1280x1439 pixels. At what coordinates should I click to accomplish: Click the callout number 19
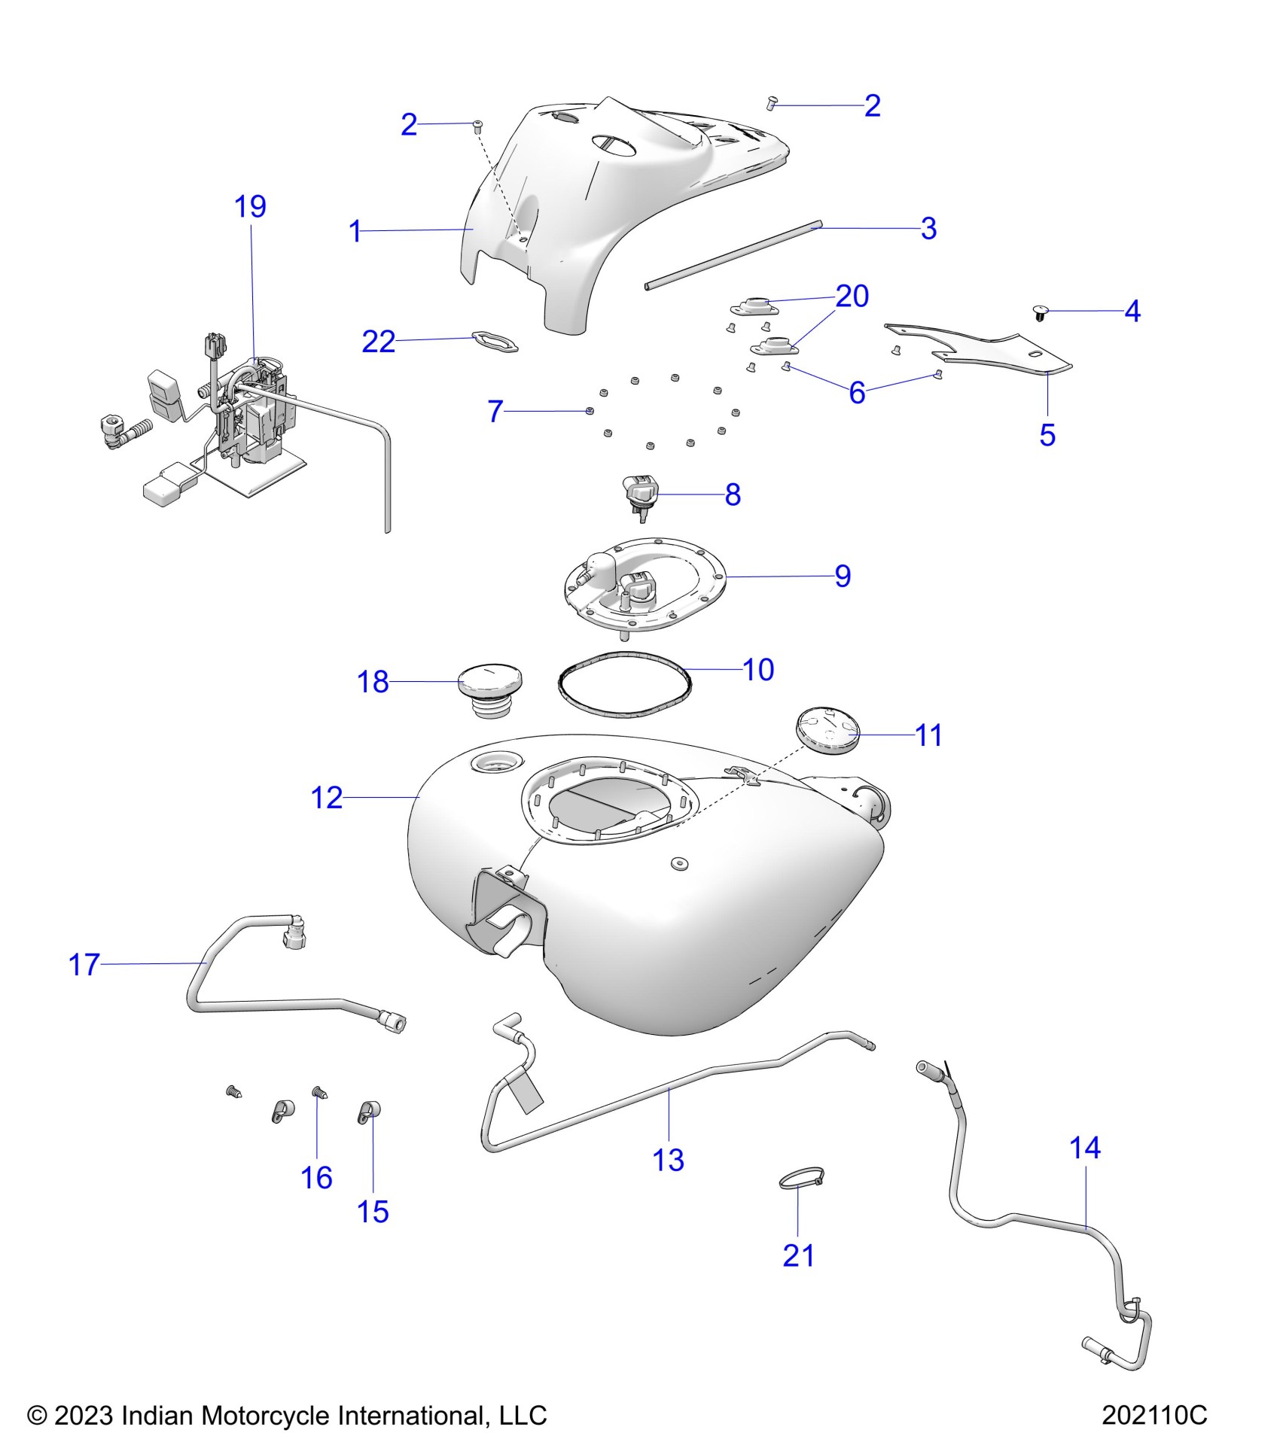250,206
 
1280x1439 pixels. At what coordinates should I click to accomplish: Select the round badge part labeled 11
827,729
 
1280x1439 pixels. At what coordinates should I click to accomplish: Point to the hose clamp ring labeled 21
803,1182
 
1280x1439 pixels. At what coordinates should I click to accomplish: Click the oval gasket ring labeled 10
623,682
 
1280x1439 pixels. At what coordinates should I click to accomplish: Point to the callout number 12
326,798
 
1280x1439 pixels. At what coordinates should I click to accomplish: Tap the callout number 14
1084,1148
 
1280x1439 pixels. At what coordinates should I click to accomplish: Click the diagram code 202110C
1154,1416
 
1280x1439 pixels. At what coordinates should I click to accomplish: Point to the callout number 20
852,296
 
